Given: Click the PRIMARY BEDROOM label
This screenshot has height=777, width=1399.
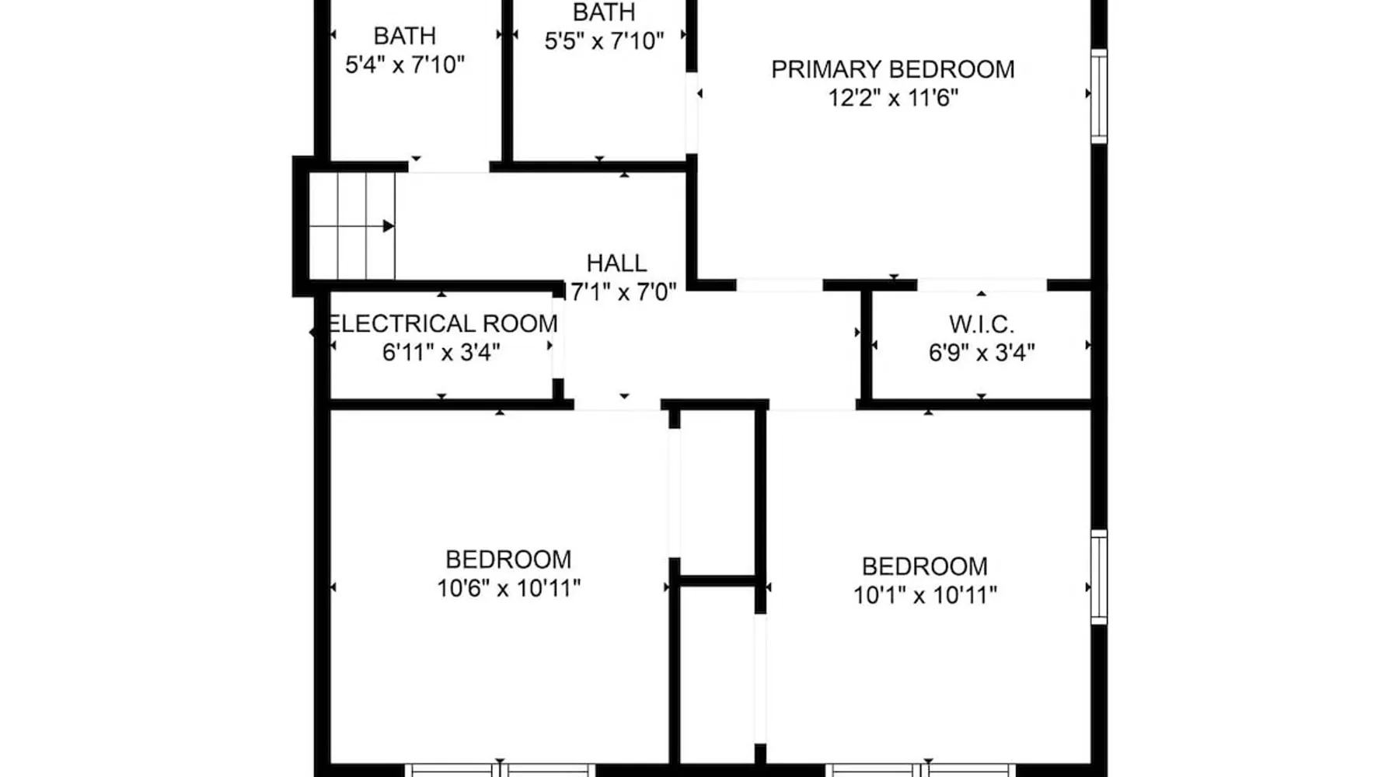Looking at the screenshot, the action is (x=892, y=69).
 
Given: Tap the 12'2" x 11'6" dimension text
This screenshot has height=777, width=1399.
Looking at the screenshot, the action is (x=893, y=98).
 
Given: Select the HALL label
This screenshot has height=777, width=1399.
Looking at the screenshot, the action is (x=616, y=263).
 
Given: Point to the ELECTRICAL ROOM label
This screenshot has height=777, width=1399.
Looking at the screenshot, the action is (x=441, y=323).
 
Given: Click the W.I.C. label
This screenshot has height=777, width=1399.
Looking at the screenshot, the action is (x=982, y=323).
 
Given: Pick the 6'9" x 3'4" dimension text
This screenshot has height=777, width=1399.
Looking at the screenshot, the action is (x=982, y=353).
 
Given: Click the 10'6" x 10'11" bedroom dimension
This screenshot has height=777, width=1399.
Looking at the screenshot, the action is (x=508, y=588).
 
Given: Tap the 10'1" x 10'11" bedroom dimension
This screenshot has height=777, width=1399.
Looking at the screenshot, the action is (x=925, y=595).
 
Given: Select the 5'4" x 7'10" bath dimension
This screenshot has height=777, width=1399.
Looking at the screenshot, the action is (x=404, y=64).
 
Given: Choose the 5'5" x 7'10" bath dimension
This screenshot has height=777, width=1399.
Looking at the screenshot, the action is (x=604, y=41).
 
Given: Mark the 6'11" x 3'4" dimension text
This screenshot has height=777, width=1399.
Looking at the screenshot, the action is (x=441, y=353).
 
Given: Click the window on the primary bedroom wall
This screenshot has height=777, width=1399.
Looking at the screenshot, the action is (x=1098, y=96).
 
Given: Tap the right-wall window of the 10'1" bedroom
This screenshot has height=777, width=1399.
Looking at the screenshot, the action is (x=1098, y=577).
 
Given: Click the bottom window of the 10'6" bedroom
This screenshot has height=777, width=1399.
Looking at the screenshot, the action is (x=500, y=770).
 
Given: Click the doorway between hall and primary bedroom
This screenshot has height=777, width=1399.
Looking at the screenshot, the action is (x=779, y=285).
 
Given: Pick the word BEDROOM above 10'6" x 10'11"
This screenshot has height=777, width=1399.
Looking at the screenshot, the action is (x=508, y=559).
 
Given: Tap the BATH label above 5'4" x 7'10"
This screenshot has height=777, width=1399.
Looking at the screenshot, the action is (x=404, y=36).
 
